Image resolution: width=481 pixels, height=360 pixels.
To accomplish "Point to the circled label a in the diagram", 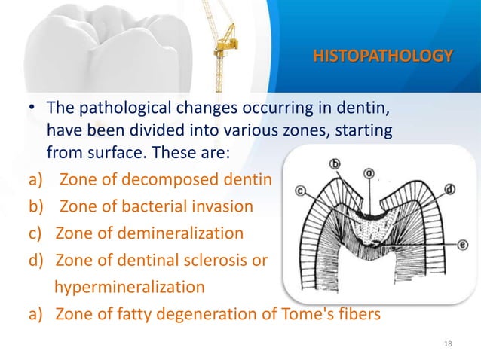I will point(369,173).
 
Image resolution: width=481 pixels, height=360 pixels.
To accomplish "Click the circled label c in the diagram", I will point(301,191).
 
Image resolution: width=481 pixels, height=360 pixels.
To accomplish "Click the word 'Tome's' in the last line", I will point(296,315).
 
